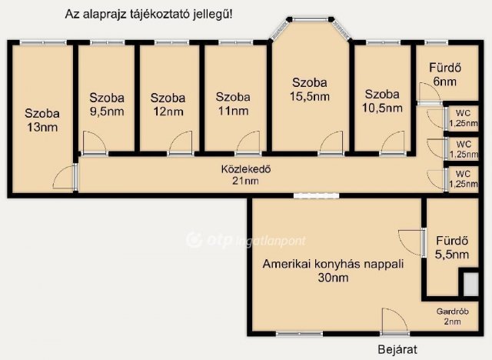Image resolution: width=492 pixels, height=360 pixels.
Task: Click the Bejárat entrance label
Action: (397, 349)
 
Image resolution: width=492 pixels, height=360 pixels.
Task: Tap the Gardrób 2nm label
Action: (453, 316)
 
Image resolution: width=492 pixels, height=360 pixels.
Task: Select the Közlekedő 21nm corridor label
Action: (246, 175)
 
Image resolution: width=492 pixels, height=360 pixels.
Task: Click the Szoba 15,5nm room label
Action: (310, 89)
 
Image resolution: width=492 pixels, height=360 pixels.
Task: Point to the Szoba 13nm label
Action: (42, 120)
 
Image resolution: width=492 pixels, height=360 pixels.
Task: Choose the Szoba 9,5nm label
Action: (107, 105)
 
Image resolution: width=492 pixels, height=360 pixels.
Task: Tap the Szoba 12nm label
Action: (168, 105)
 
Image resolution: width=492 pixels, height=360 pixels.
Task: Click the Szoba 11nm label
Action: (233, 104)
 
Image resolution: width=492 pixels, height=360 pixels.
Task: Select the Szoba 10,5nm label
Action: (382, 101)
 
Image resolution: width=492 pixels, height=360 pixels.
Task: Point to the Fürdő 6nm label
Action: (445, 75)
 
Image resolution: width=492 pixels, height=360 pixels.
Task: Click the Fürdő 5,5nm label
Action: (452, 248)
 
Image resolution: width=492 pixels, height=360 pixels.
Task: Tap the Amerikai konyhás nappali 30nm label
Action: (333, 271)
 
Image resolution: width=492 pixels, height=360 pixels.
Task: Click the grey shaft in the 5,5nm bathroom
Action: (470, 285)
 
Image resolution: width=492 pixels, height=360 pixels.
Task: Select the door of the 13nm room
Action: (65, 178)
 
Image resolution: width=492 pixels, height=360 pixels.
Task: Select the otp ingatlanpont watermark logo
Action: (246, 241)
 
